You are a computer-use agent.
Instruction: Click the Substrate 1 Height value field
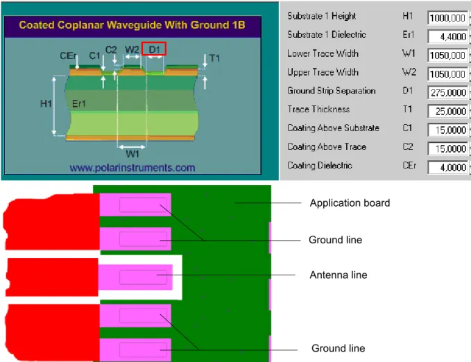coord(447,18)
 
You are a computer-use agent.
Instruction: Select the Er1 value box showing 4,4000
coord(447,37)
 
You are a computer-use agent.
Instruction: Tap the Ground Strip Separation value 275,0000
coord(447,92)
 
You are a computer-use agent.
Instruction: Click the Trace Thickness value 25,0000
coord(447,111)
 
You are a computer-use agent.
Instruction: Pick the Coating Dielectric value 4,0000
coord(447,167)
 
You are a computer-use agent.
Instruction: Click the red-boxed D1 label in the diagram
coord(154,49)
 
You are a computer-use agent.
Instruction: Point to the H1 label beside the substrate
coord(46,103)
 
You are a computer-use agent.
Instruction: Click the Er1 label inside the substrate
coord(79,103)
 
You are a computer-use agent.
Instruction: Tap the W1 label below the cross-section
coord(132,154)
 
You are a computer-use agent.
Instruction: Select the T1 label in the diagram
coord(214,58)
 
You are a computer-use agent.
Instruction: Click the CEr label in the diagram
coord(68,55)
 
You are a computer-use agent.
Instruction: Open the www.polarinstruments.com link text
coord(132,167)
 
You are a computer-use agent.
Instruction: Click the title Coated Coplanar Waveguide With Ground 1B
coord(132,25)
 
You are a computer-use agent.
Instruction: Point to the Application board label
coord(350,203)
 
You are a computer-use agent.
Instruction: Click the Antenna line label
coord(339,275)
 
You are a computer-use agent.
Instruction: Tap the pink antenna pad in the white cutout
coord(136,277)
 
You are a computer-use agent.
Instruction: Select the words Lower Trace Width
coord(323,53)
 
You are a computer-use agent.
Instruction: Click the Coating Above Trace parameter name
coord(327,146)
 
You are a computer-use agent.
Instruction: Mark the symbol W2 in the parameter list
coord(409,72)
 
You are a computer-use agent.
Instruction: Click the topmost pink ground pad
coord(135,205)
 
